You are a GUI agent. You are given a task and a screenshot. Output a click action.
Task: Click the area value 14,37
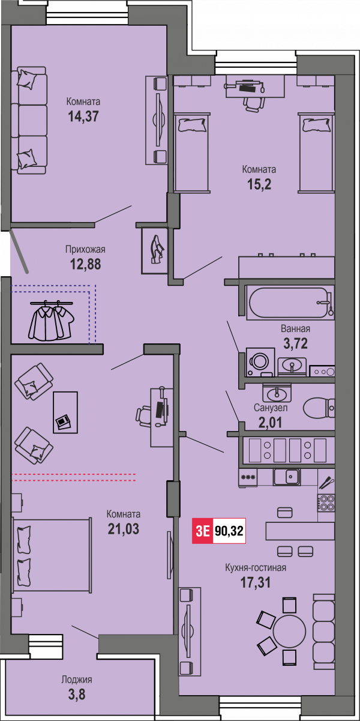coord(83,116)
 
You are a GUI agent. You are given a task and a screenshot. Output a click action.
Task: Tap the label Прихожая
coord(85,250)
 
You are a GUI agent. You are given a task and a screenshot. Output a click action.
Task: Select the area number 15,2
coord(259,184)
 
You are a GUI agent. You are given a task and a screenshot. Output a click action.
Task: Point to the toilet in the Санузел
coord(319,408)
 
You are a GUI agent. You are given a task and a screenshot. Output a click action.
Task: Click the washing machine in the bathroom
coord(260,362)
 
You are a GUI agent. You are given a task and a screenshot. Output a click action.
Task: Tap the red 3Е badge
coord(203,531)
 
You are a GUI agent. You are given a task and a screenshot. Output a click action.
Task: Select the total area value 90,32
coord(229,531)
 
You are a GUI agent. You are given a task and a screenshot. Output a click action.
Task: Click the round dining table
coord(290,631)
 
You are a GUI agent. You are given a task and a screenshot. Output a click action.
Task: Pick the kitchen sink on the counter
coord(287,477)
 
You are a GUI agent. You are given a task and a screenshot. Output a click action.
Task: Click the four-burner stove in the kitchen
coord(326,502)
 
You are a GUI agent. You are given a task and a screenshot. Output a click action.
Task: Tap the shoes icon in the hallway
coord(157,250)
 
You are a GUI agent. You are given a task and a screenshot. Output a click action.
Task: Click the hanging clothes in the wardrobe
coord(52,320)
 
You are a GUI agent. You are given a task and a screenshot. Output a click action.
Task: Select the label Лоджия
coord(77,680)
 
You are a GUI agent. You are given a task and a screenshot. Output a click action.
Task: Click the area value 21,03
coord(124,529)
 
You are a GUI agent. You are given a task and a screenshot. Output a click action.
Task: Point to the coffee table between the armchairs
coord(65,412)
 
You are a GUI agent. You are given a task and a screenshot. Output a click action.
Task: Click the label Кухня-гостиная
coord(256,567)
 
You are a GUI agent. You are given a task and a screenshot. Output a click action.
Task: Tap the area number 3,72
coord(295,343)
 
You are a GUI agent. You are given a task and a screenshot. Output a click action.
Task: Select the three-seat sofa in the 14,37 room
coord(29,121)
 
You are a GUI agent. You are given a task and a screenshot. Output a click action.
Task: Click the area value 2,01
coord(270,423)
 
